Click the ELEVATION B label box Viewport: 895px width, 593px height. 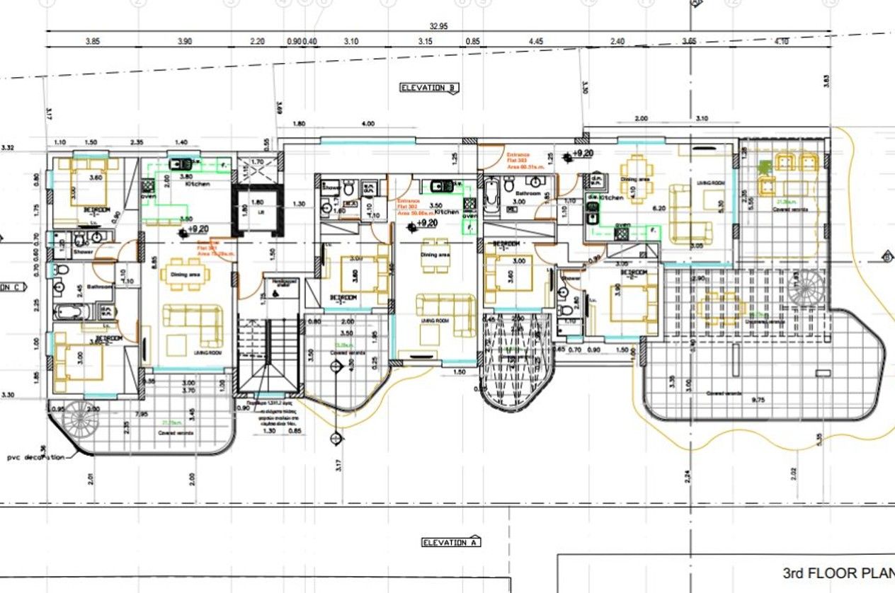(429, 88)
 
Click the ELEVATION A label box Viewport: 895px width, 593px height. (450, 542)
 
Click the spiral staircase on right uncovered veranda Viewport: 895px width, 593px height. (807, 287)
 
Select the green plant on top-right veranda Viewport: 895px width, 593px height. (765, 168)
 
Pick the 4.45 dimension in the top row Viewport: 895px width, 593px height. (535, 42)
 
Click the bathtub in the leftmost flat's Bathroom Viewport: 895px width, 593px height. (68, 311)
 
